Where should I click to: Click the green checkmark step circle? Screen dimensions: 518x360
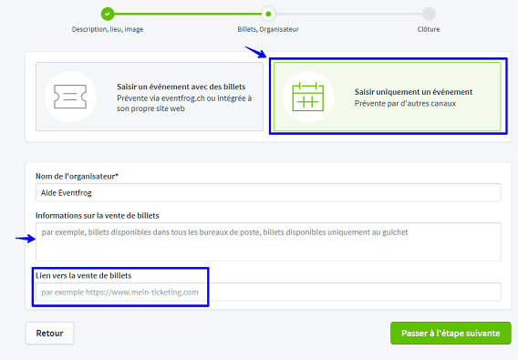[108, 14]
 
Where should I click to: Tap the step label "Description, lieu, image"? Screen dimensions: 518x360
[108, 29]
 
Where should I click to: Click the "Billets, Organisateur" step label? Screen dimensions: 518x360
[268, 29]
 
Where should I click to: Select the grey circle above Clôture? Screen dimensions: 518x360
[429, 14]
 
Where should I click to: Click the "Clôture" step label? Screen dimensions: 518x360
[429, 29]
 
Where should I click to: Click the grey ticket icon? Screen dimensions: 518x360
[70, 97]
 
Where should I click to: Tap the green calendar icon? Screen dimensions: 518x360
[308, 97]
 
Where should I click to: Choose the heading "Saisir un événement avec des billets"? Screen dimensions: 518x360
[181, 87]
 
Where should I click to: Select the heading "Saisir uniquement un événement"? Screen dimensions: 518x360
[413, 92]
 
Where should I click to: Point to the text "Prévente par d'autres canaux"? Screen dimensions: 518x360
[405, 103]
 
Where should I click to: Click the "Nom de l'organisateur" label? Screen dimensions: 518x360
[77, 177]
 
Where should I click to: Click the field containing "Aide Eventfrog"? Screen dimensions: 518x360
[268, 192]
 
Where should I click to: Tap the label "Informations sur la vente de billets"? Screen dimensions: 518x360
[98, 216]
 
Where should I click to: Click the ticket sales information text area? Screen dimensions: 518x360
[268, 242]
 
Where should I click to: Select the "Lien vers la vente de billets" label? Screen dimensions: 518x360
[84, 275]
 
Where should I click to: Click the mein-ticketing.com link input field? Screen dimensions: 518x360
[268, 292]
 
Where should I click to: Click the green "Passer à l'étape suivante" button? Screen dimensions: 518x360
[451, 334]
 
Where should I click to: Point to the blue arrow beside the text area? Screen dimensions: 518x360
[26, 239]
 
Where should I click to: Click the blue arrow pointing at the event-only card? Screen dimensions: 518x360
[255, 52]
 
